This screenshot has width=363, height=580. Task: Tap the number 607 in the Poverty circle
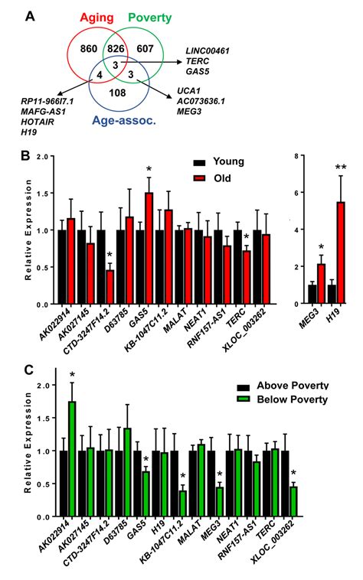[154, 50]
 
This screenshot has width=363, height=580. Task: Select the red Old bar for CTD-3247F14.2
[111, 286]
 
